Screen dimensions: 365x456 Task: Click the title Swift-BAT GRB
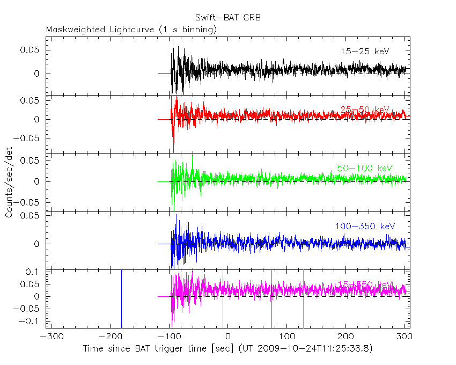coord(228,17)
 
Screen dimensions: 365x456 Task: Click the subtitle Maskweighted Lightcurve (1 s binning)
coord(131,30)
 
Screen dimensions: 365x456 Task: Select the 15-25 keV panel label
coord(365,52)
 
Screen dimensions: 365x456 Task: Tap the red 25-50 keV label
coord(365,110)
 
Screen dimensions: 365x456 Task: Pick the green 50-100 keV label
coord(362,169)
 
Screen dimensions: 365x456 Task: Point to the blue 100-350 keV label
coord(365,227)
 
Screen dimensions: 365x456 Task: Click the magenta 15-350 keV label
coord(365,284)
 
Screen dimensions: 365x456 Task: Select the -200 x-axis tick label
coord(109,338)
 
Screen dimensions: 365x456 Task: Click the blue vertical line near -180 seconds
coord(121,298)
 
